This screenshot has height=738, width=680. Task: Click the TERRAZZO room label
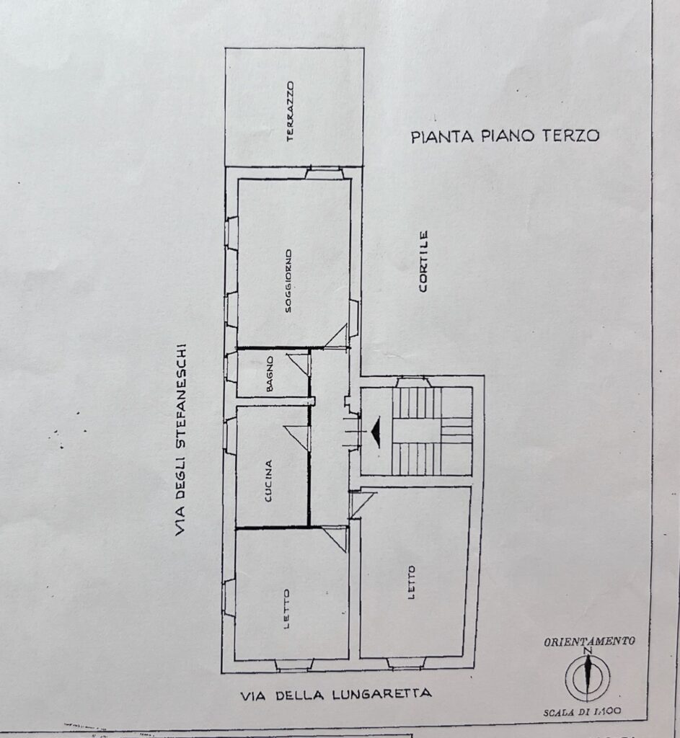tap(290, 111)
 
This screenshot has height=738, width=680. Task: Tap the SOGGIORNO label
tap(288, 280)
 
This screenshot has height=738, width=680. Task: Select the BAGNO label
tap(270, 374)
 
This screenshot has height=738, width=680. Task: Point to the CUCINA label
tap(268, 481)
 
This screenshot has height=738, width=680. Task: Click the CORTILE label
tap(423, 261)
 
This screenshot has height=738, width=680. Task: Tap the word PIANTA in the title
tap(442, 137)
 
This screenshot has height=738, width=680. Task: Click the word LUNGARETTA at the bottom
tap(381, 694)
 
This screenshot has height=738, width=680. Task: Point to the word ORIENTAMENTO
tap(590, 641)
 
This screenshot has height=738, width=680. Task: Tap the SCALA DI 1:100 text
tap(582, 712)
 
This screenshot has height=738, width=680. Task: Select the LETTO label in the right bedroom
tap(412, 582)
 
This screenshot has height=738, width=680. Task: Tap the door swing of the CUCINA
tap(296, 437)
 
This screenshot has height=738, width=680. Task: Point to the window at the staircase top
tap(413, 382)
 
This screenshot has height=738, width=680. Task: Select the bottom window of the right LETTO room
tap(406, 663)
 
